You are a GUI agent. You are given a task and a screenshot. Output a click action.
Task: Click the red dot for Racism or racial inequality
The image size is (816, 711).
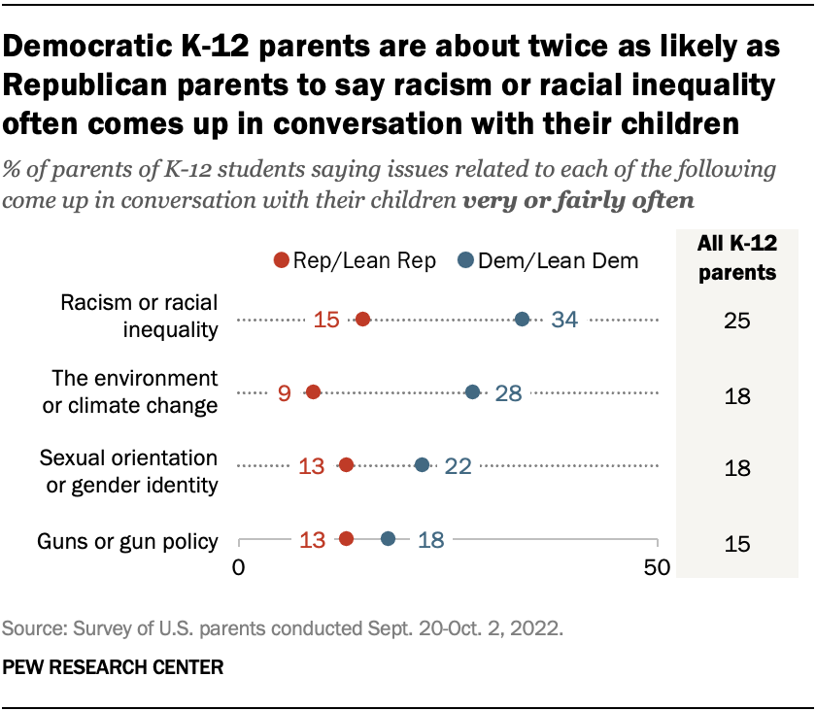tap(362, 320)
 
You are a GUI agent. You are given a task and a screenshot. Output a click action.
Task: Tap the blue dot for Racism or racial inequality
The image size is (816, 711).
tap(522, 320)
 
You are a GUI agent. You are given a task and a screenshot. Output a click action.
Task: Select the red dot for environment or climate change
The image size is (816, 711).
tap(313, 392)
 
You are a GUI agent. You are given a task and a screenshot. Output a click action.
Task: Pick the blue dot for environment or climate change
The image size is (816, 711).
tap(472, 392)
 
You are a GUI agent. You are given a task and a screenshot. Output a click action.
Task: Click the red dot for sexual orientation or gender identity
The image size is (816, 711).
tap(346, 465)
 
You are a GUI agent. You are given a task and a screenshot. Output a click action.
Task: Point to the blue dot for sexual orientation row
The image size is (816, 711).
tap(422, 465)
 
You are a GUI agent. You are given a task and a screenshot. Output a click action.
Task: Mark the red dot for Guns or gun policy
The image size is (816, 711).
tap(346, 539)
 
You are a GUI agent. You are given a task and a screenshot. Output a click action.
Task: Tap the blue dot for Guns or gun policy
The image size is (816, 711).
tap(388, 539)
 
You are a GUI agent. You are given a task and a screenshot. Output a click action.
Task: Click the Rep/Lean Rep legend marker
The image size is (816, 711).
tap(282, 260)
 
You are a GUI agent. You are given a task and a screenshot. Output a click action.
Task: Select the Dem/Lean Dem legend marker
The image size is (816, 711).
tap(466, 260)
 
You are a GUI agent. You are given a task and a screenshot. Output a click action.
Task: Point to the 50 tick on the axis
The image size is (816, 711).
tap(658, 567)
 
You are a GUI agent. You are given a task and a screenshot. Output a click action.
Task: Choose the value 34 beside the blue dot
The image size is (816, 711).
tap(564, 320)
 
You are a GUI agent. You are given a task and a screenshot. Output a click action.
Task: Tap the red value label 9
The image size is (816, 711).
tap(285, 392)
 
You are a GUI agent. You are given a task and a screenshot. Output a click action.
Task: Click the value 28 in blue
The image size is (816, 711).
tap(514, 392)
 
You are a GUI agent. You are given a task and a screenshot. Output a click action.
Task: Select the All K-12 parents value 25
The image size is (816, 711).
tap(737, 321)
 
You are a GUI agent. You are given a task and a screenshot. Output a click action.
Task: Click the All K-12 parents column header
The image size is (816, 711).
tap(737, 259)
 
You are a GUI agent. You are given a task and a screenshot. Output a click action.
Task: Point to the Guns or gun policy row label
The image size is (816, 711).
tap(126, 541)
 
